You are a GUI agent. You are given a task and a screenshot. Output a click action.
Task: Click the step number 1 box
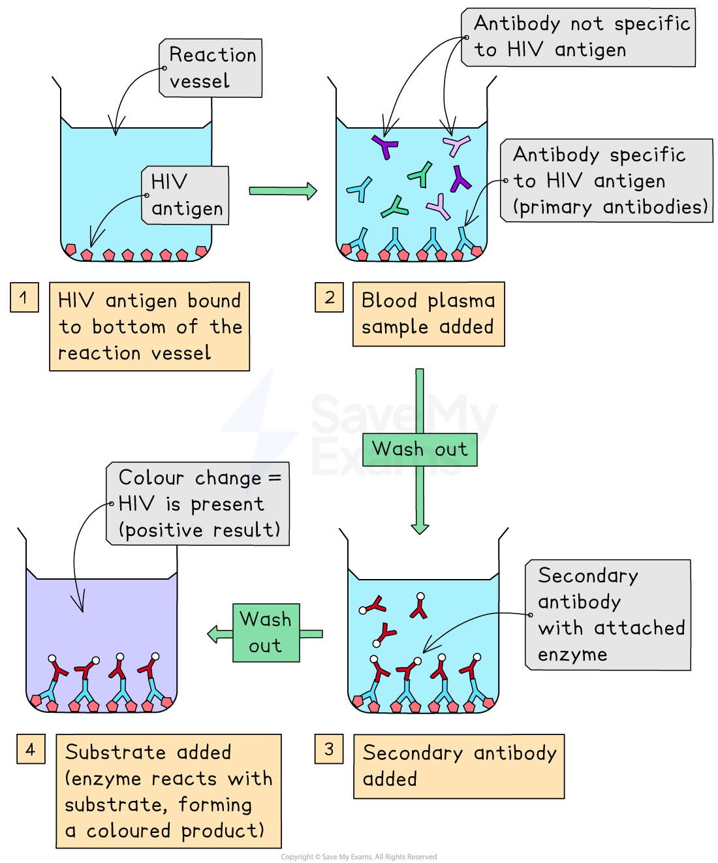point(24,297)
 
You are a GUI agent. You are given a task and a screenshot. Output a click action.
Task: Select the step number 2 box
point(329,297)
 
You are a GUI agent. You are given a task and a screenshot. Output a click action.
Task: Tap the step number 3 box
point(329,749)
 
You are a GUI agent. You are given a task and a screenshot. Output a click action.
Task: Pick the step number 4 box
point(31,749)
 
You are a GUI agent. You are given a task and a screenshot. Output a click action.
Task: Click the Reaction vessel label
point(211,68)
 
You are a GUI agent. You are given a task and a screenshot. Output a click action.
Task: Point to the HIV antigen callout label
point(185,195)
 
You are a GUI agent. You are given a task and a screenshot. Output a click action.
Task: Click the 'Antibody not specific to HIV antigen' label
point(578,37)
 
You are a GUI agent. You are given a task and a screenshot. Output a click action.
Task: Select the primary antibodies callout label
point(607,181)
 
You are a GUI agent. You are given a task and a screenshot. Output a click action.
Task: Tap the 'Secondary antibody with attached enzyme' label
point(608,615)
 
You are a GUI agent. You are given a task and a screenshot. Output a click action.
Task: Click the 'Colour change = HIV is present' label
point(198,503)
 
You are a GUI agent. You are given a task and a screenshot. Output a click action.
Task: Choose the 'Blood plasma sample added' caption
point(428,314)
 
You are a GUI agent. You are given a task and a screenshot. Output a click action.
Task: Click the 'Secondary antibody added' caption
point(459,766)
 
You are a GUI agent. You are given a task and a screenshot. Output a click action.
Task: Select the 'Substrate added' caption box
point(168,791)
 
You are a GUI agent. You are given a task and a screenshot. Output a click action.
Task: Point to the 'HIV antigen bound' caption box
point(149,326)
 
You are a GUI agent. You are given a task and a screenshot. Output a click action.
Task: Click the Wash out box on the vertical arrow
point(420,449)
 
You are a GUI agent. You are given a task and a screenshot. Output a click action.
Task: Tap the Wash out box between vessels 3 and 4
point(266,633)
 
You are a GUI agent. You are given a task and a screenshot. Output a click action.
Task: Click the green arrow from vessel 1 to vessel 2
point(283,191)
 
